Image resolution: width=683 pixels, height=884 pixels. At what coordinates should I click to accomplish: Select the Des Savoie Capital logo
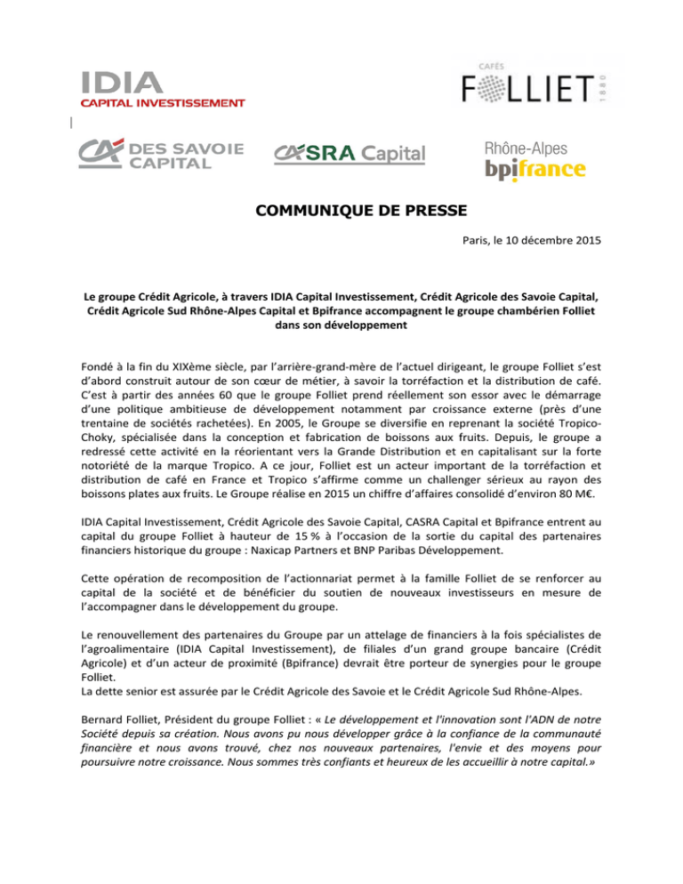[161, 154]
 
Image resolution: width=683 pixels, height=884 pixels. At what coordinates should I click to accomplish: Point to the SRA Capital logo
[350, 154]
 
